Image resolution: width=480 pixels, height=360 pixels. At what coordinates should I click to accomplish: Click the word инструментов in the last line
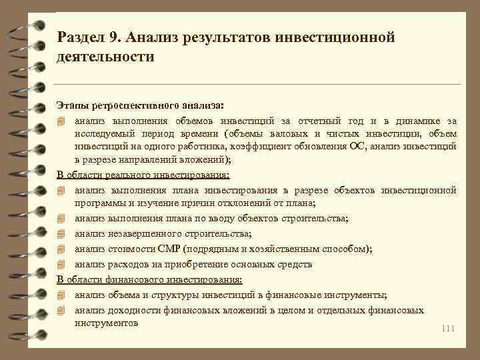pyautogui.click(x=106, y=323)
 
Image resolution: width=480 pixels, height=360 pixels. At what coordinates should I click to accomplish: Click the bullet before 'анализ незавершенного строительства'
pyautogui.click(x=61, y=234)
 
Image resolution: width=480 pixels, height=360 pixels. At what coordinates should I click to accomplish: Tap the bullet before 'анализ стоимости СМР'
pyautogui.click(x=61, y=249)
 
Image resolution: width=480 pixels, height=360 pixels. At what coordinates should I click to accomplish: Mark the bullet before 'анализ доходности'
pyautogui.click(x=61, y=310)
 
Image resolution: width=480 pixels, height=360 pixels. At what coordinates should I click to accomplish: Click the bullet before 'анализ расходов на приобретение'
pyautogui.click(x=61, y=265)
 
